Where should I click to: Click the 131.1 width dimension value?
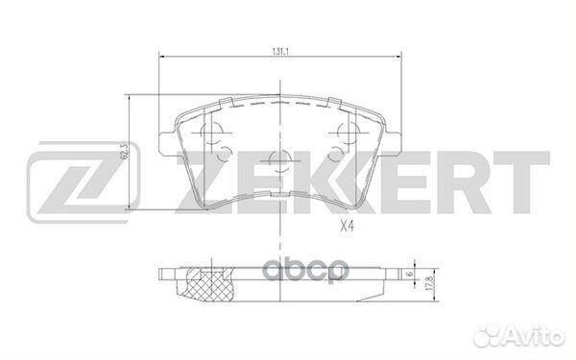point(280,52)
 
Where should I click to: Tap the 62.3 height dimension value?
point(124,152)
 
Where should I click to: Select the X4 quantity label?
point(347,227)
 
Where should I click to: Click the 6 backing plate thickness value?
point(410,274)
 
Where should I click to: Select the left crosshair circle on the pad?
point(212,132)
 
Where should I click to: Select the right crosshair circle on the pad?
point(348,132)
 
